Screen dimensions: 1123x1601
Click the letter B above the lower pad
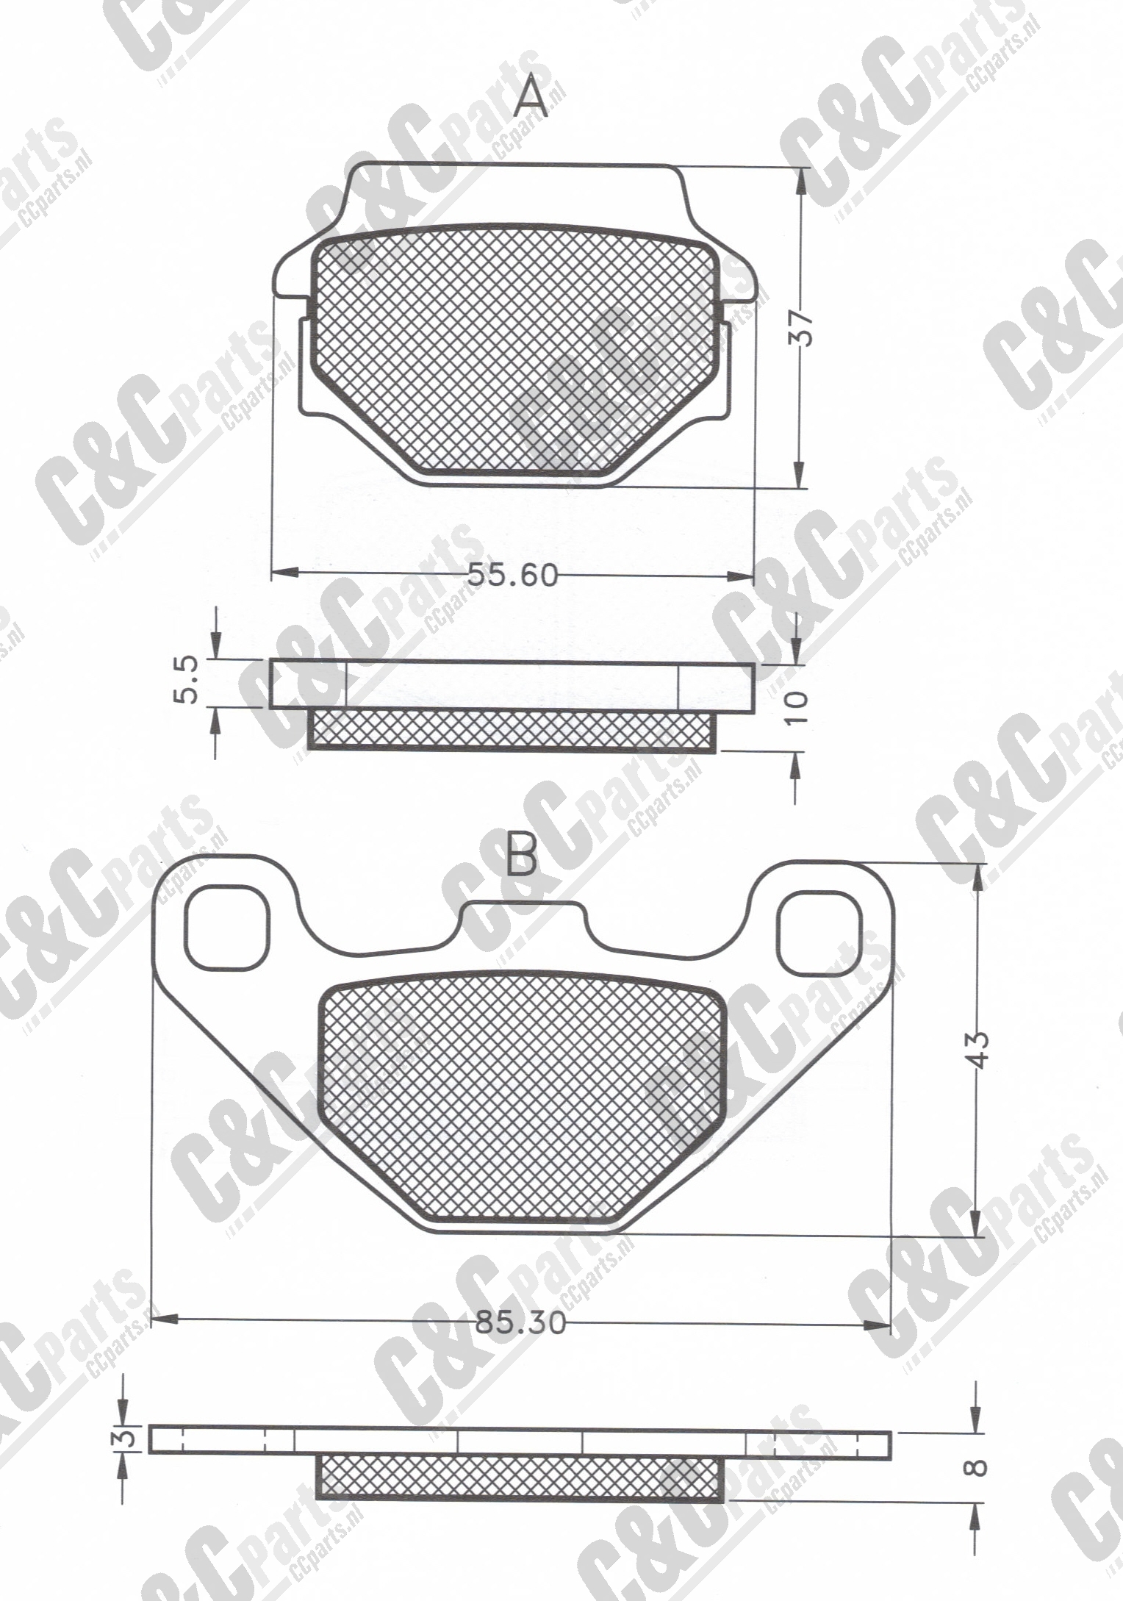coord(522,855)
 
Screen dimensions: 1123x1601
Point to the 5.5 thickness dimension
coord(187,681)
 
